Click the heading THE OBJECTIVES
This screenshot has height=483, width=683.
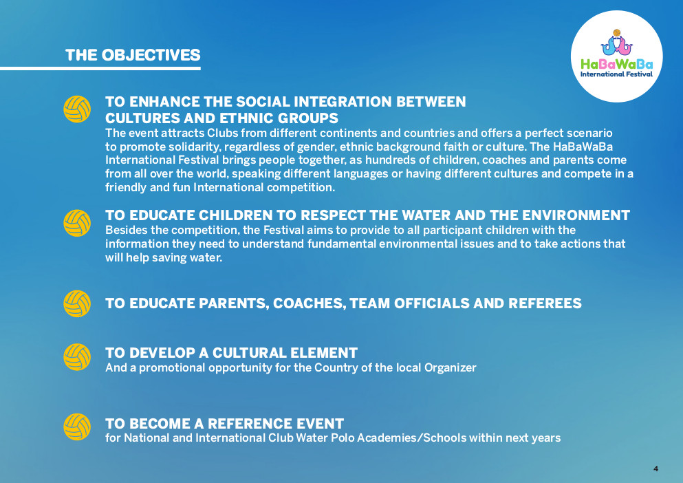click(133, 55)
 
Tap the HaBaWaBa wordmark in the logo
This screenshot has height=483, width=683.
click(617, 65)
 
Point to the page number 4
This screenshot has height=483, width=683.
click(655, 469)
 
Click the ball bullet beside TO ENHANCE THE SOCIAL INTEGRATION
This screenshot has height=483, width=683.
click(77, 109)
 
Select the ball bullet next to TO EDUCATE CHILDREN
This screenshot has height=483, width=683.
click(77, 223)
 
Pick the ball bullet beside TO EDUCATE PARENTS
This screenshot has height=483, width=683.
click(77, 303)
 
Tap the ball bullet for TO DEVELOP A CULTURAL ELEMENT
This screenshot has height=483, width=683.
click(77, 357)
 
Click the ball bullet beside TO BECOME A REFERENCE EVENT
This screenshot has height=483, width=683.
click(77, 427)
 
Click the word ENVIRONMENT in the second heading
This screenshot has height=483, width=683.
click(576, 215)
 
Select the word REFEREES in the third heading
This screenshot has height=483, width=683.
click(545, 303)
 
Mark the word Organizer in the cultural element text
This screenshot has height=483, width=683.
click(451, 368)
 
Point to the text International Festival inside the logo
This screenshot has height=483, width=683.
click(616, 74)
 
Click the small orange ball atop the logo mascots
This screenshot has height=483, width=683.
click(616, 33)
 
